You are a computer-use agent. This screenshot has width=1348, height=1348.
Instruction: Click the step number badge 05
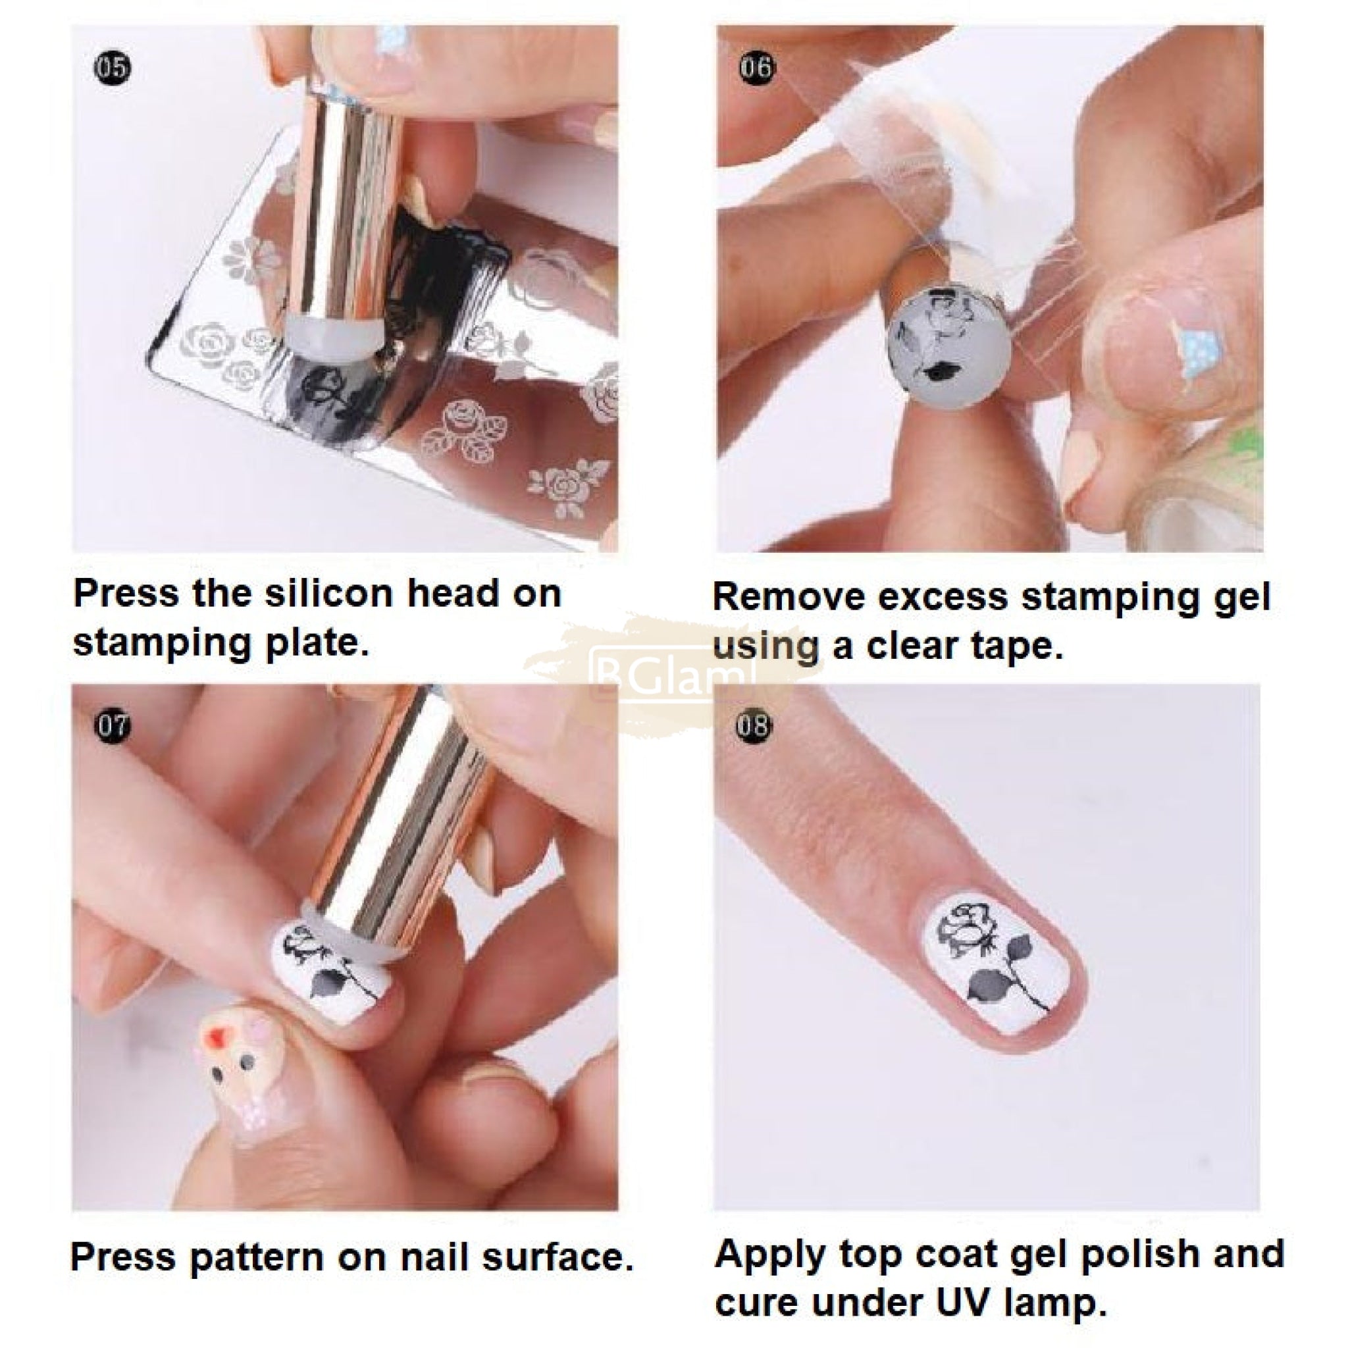tap(113, 67)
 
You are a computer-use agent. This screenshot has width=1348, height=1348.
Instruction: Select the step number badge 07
tap(113, 727)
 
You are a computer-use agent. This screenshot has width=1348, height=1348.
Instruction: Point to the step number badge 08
tap(754, 727)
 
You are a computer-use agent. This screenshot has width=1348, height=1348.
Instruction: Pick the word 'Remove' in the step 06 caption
tap(789, 598)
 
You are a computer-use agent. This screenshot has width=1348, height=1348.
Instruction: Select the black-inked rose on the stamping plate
tap(328, 391)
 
